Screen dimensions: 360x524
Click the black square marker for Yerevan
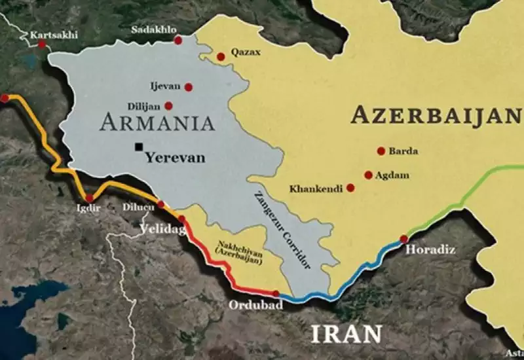click(x=139, y=147)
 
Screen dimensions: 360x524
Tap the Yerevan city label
click(x=175, y=158)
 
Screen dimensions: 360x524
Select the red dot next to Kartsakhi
click(x=42, y=44)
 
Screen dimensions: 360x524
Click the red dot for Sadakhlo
click(x=178, y=41)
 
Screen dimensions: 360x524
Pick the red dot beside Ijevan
click(x=189, y=87)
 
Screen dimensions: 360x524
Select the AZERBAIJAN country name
click(x=435, y=115)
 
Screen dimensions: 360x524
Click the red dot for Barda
click(x=381, y=151)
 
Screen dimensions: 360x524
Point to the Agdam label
click(x=392, y=175)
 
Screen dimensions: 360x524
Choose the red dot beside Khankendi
click(x=350, y=188)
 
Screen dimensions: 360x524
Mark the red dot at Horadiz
click(x=403, y=239)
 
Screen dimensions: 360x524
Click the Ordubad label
click(x=246, y=306)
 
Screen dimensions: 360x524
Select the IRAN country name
click(x=346, y=333)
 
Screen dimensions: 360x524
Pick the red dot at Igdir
click(x=89, y=198)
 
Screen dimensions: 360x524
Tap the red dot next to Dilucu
click(x=161, y=205)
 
